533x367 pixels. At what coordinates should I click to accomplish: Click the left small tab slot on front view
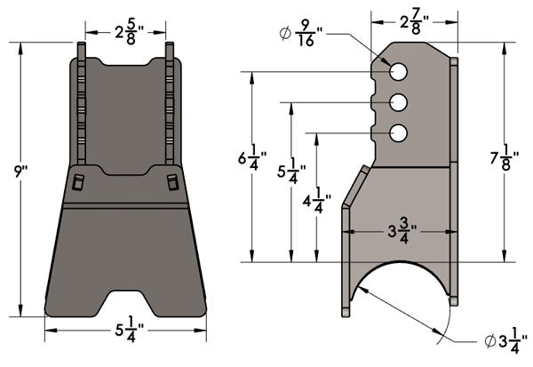tap(77, 183)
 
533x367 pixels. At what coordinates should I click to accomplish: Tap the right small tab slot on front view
tap(172, 183)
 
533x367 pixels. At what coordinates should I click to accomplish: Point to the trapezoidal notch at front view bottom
tap(125, 299)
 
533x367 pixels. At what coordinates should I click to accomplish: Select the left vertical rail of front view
tap(81, 107)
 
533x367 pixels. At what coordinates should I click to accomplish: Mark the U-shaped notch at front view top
tap(125, 63)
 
